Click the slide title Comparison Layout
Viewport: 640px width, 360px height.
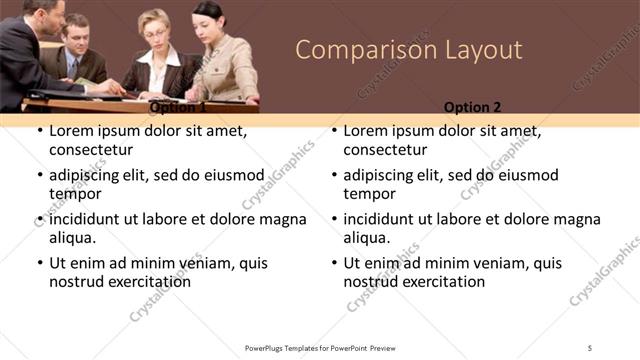(409, 50)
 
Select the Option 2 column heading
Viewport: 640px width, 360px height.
(472, 107)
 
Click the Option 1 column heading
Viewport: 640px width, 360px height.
(177, 107)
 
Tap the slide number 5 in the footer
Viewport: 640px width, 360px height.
(590, 347)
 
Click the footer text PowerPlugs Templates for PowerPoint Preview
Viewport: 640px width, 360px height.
(319, 347)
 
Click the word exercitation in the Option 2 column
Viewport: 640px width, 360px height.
(441, 282)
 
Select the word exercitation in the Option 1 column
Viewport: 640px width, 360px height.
(146, 282)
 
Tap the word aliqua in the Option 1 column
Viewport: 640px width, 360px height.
(72, 238)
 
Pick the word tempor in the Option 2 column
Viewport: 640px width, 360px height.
(370, 194)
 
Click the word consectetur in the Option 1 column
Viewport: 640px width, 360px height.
(91, 150)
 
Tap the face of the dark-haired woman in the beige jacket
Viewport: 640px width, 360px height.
(209, 22)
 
